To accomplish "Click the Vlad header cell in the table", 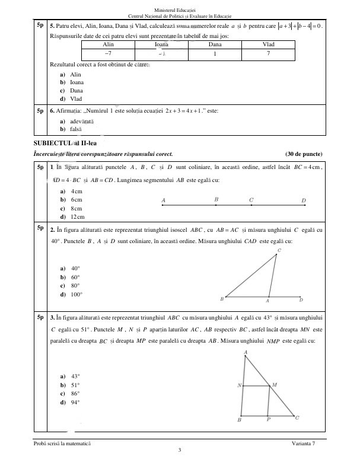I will pos(268,44).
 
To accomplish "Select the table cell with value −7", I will pos(109,53).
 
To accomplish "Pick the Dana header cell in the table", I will pos(215,44).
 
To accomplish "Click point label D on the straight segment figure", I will pos(304,200).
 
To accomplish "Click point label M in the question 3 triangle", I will pos(274,385).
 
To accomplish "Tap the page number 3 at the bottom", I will pos(180,452).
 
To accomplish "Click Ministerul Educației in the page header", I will pos(180,10).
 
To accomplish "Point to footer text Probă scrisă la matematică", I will pos(63,444).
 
